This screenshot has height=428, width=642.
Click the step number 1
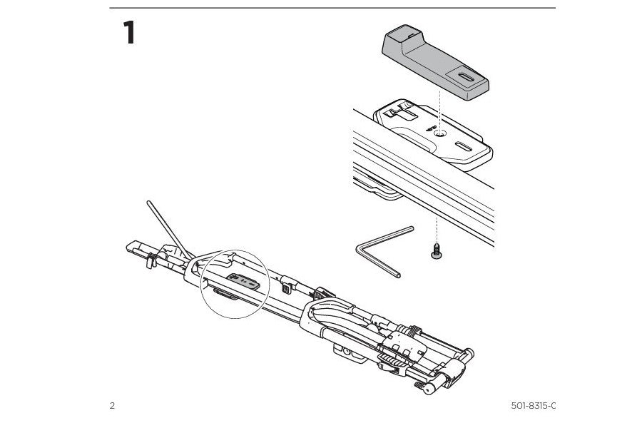tap(128, 33)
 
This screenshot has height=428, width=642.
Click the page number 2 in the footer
tap(112, 406)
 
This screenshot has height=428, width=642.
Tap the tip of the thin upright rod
tap(148, 203)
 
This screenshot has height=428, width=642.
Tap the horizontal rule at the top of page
tap(332, 9)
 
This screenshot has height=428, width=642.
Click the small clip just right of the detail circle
tap(286, 288)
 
